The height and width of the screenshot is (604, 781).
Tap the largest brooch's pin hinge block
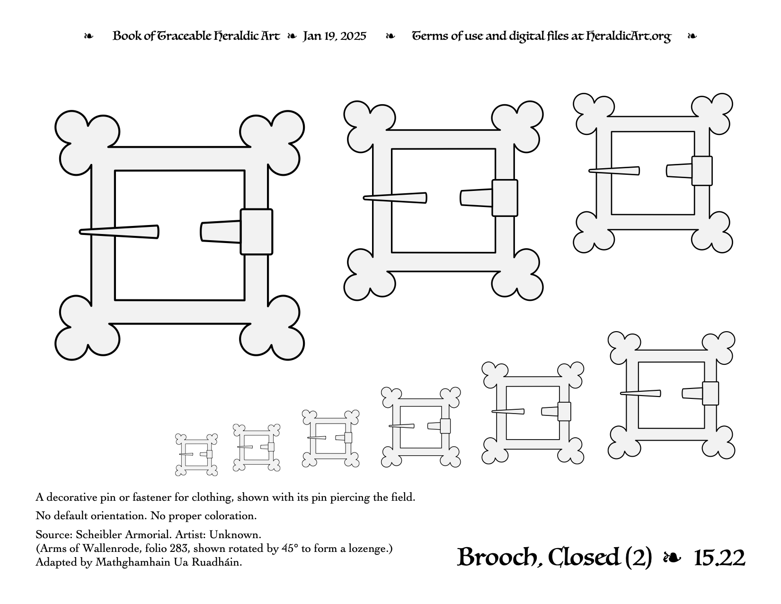256,232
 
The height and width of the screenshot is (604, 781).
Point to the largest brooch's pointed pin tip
80,232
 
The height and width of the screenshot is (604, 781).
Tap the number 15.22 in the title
719,558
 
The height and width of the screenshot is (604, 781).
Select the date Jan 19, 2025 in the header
334,36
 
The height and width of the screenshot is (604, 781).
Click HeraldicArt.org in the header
629,36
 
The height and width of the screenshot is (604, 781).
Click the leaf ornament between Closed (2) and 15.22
672,558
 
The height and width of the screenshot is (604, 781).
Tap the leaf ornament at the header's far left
89,36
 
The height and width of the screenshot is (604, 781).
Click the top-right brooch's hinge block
702,171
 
